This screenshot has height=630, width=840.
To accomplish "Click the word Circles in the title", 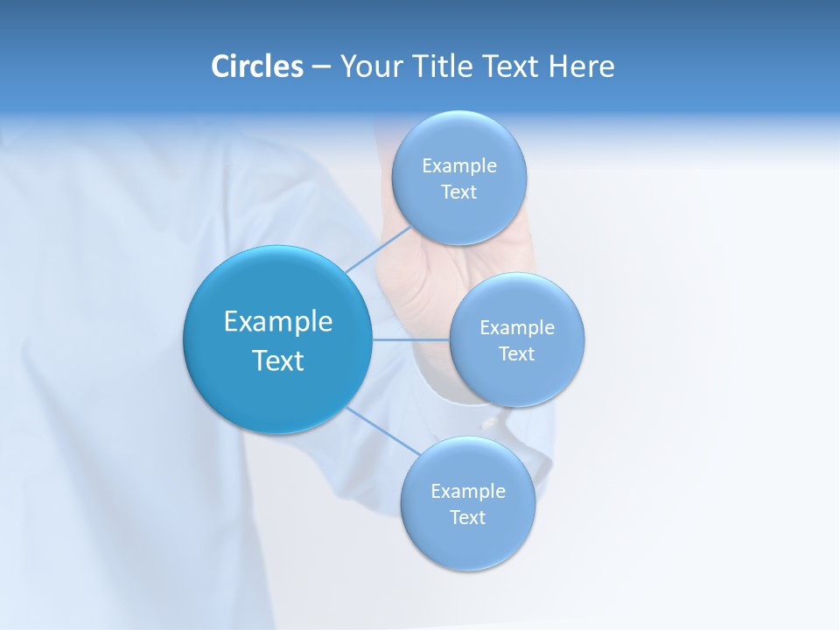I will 257,66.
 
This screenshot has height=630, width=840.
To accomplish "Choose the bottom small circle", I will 468,542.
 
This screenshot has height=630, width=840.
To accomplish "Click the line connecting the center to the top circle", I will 378,250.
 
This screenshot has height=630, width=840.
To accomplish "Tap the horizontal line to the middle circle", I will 411,339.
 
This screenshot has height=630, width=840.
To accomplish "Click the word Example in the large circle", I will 278,322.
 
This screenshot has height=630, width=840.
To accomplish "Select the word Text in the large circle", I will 278,360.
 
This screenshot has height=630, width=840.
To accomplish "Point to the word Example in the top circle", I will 459,165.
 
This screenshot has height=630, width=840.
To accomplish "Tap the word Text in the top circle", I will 459,192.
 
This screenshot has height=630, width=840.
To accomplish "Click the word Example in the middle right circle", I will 517,327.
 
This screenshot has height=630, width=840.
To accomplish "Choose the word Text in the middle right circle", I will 517,353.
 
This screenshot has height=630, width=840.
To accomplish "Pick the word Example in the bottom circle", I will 468,491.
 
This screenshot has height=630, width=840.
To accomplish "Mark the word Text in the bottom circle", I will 468,517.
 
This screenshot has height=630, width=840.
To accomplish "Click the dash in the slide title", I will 321,67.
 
